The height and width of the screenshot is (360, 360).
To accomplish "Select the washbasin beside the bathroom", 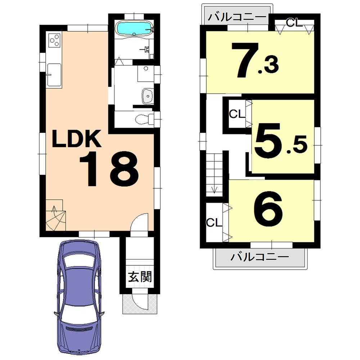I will (147, 96).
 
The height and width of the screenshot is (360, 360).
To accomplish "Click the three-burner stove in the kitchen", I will (54, 40).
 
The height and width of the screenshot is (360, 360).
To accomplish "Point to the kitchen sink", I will (54, 74).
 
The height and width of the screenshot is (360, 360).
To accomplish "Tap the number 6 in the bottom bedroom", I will (268, 208).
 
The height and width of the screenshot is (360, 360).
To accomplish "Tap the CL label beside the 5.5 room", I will (237, 114).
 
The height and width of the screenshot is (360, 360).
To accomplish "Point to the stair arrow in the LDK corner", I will (54, 210).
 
